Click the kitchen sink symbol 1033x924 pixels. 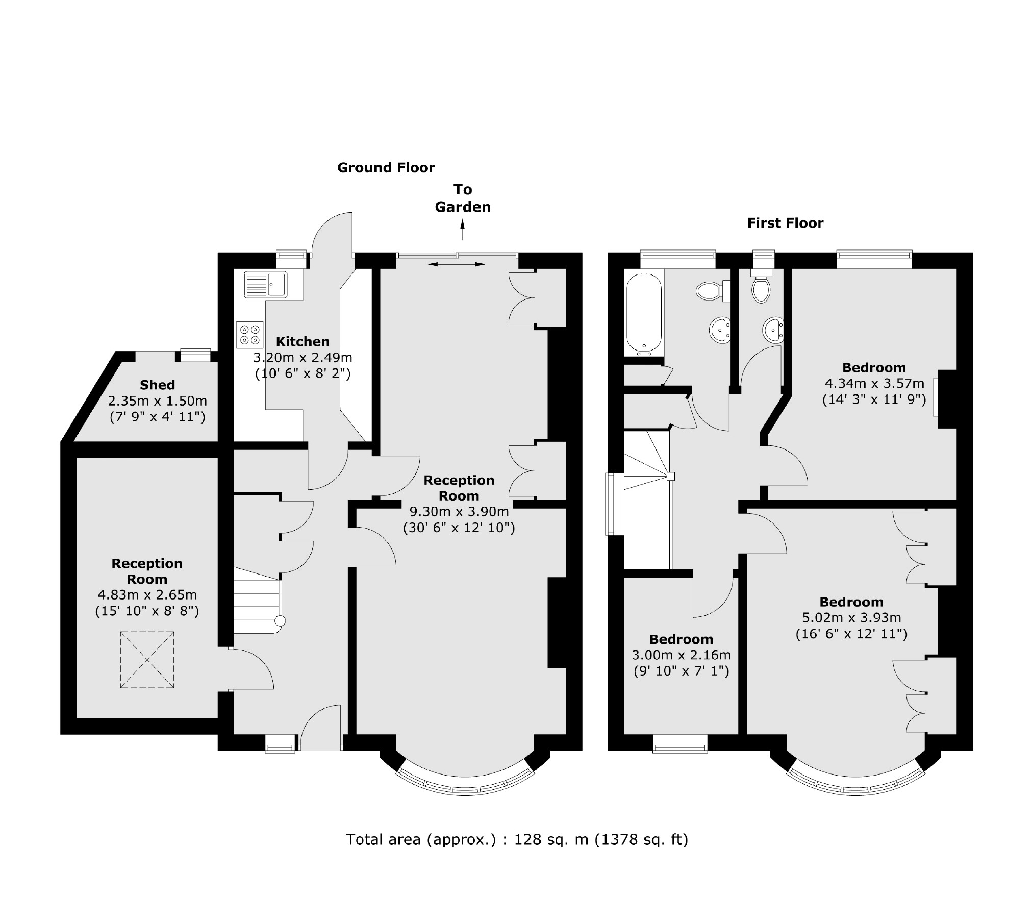pos(266,284)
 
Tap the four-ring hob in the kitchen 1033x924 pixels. pos(249,335)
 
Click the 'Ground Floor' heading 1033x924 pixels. pos(386,168)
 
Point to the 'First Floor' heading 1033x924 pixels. pos(785,223)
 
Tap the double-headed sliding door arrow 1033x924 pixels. pos(457,264)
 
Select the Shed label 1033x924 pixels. pos(158,385)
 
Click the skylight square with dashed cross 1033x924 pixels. pos(147,660)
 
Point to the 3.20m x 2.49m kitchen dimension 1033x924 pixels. pos(303,358)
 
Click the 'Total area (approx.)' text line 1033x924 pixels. pos(517,839)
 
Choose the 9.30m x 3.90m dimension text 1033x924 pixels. pos(459,511)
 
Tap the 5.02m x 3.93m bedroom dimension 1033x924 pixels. pos(851,618)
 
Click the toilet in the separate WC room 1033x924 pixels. pos(761,289)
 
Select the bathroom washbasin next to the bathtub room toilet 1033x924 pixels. pos(720,330)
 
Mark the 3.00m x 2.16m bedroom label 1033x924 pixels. pos(681,655)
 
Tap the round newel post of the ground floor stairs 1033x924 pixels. pos(280,621)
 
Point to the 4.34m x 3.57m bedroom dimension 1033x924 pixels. pos(874,383)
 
